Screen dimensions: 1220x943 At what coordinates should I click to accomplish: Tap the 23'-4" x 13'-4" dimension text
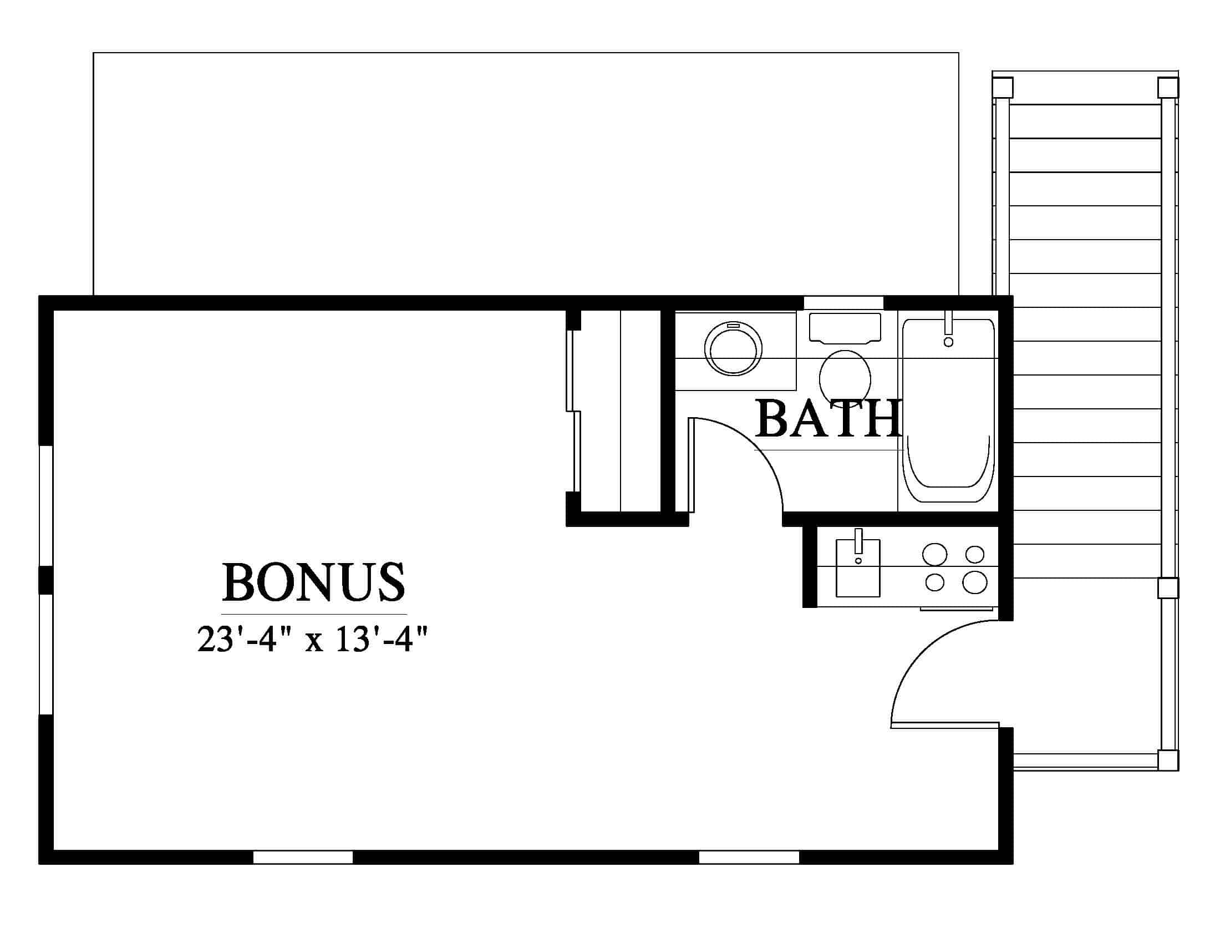pos(313,639)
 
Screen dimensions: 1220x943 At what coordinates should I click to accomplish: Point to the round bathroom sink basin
pos(734,348)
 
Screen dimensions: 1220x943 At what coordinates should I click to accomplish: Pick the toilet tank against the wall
pos(845,328)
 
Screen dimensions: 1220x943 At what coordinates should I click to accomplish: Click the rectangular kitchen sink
pos(858,567)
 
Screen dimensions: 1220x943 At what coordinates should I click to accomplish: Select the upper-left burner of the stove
pos(934,555)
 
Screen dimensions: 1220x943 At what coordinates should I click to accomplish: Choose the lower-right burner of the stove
pos(975,582)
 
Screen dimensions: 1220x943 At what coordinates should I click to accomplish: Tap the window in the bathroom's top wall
pos(843,302)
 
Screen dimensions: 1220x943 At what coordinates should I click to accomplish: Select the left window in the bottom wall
pos(303,857)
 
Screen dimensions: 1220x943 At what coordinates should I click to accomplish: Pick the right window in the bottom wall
pos(749,857)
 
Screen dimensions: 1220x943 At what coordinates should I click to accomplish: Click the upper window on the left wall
pos(46,505)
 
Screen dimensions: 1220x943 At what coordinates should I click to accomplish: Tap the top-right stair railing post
pos(1168,88)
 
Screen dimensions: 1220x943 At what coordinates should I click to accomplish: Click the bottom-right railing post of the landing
pos(1168,761)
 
